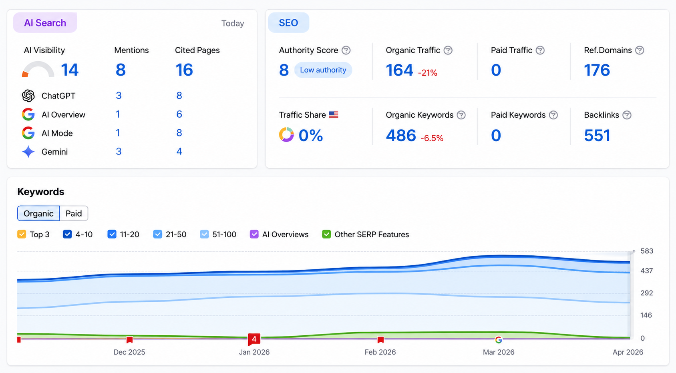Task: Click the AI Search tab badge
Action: coord(45,23)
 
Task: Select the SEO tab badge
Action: coord(288,23)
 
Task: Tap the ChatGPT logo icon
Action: coord(28,96)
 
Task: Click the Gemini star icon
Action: coord(28,152)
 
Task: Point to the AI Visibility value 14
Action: coord(69,70)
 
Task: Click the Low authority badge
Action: coord(323,70)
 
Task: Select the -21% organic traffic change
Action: coord(427,73)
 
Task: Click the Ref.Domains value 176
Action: coord(597,70)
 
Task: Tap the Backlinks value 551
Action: coord(597,136)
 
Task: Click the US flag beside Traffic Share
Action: coord(334,115)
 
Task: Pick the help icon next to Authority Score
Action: coord(346,50)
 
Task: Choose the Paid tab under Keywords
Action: coord(74,213)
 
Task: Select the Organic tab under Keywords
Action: coord(38,213)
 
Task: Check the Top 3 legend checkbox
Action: coord(22,234)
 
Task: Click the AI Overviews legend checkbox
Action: coord(254,234)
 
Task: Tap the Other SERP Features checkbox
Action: coord(326,234)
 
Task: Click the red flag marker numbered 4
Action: coord(254,339)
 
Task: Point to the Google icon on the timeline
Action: coord(499,340)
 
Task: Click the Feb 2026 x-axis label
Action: coord(380,352)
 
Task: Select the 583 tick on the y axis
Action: coord(646,251)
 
